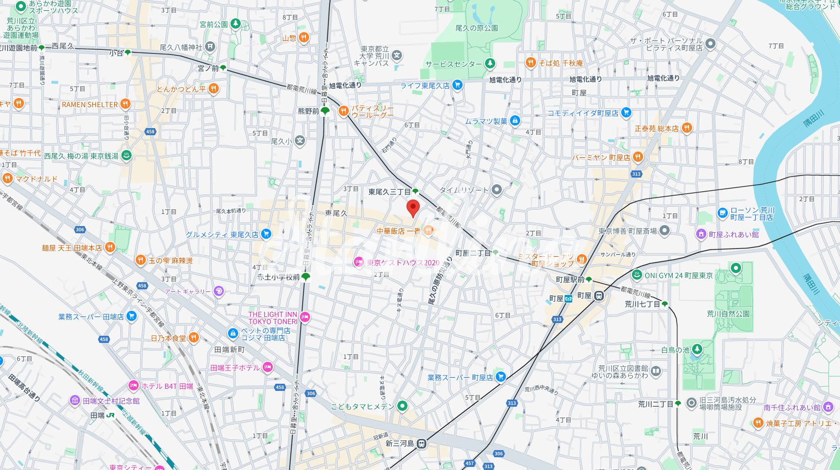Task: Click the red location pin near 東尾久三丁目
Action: [x=413, y=208]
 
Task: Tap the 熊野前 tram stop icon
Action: [x=325, y=111]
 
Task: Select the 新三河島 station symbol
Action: [x=421, y=443]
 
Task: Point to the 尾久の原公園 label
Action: [x=476, y=28]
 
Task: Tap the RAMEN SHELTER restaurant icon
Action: [x=125, y=105]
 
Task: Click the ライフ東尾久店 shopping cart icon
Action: [x=457, y=85]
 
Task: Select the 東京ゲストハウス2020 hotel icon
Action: [x=359, y=262]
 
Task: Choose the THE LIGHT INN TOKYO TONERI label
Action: [x=272, y=318]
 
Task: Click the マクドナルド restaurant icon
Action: [x=7, y=179]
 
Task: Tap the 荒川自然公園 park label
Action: [x=728, y=314]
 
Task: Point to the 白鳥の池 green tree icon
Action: [x=697, y=350]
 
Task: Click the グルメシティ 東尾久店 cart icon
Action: [x=266, y=234]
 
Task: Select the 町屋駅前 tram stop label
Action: [x=570, y=280]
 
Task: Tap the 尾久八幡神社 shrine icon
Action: [x=210, y=47]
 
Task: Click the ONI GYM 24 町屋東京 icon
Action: [x=637, y=275]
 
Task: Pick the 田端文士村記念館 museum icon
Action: [x=75, y=401]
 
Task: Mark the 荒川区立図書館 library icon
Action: [x=656, y=372]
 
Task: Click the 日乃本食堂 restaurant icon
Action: [x=193, y=338]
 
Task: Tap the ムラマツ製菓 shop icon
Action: [x=515, y=121]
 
